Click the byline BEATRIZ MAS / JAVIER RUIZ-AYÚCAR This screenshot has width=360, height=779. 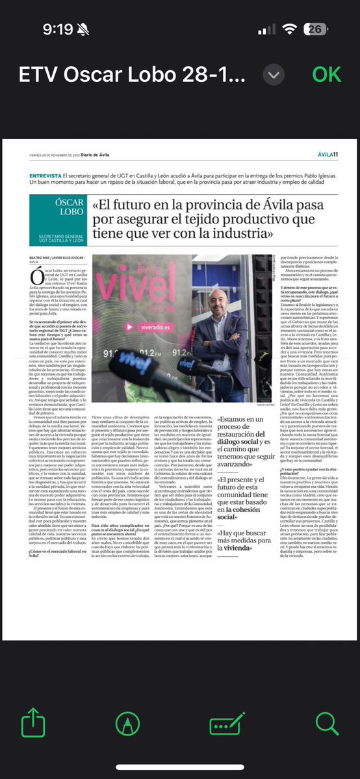[58, 257]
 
